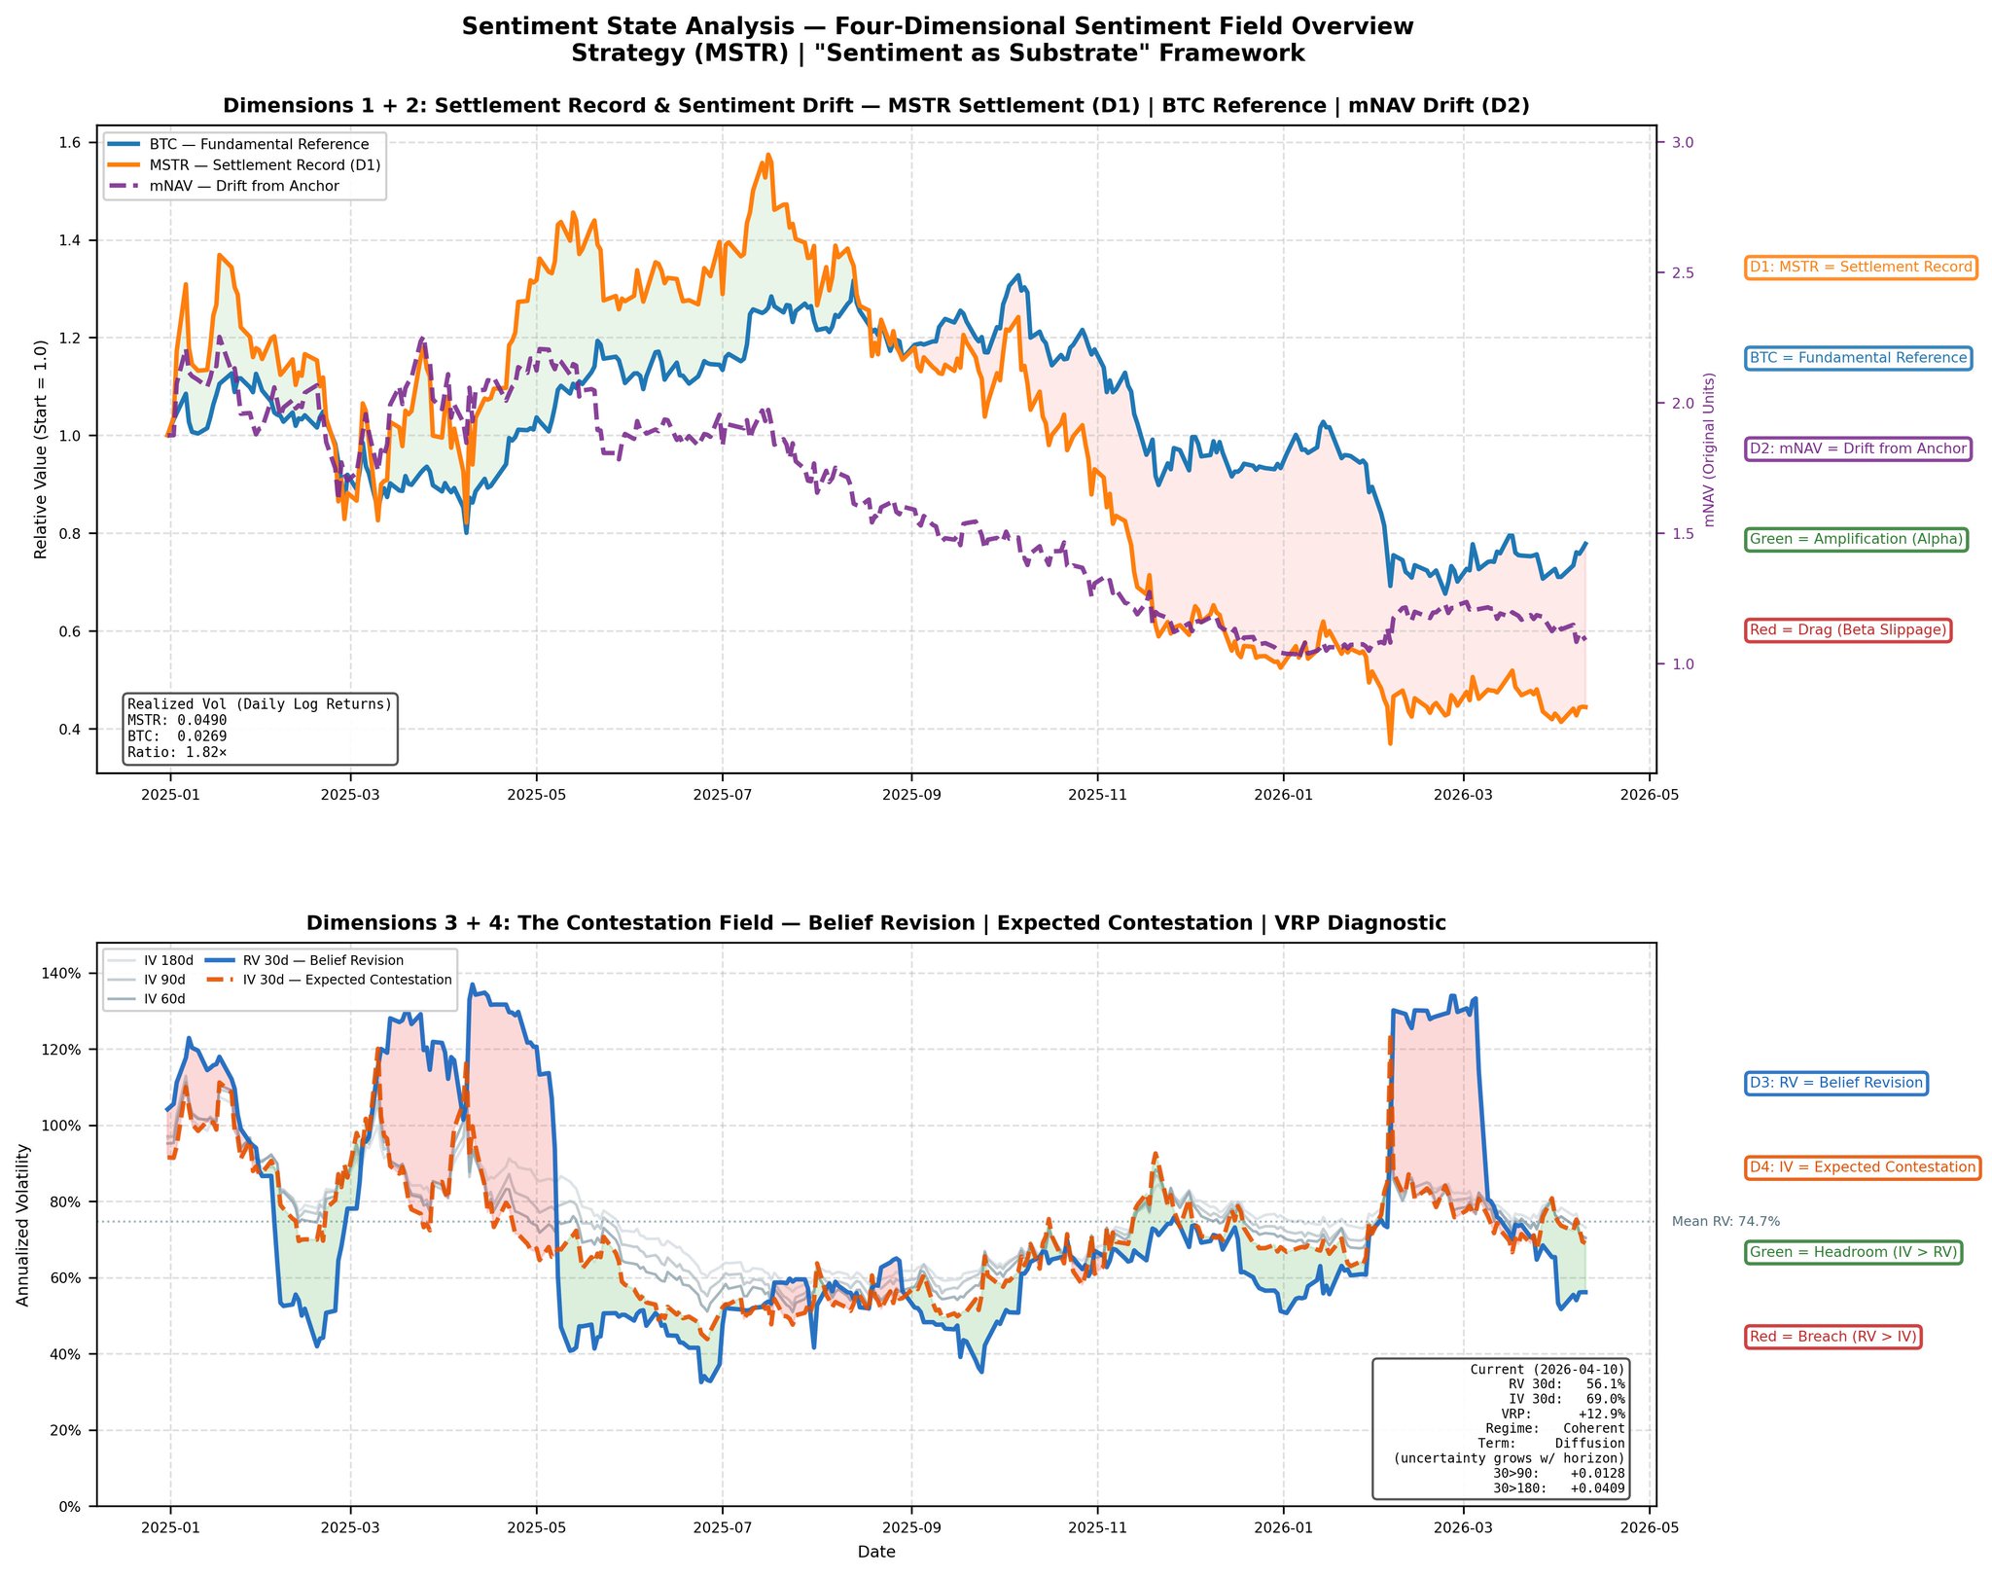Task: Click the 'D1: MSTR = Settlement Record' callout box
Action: coord(1861,268)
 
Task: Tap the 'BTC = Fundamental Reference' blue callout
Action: coord(1858,358)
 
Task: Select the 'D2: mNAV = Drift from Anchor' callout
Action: coord(1858,448)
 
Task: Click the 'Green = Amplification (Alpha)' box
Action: coord(1856,540)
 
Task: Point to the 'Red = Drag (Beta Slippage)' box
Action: coord(1848,630)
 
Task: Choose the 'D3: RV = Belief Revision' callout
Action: coord(1835,1083)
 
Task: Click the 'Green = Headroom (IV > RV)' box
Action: coord(1853,1252)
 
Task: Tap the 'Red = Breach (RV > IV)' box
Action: coord(1833,1337)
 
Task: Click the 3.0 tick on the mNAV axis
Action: coord(1683,143)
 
